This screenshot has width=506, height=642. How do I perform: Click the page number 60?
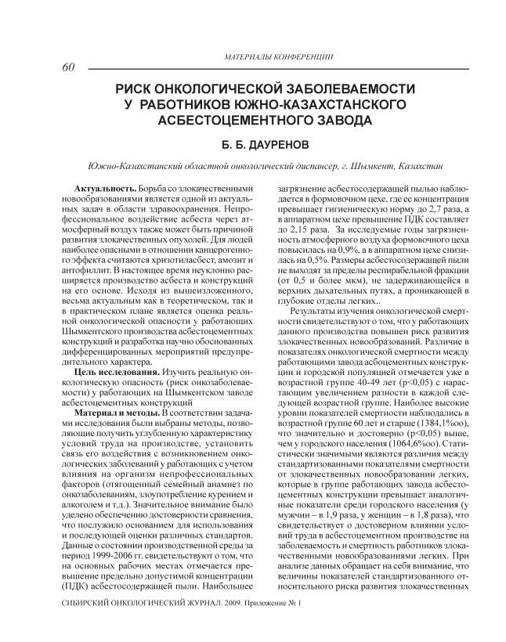click(67, 67)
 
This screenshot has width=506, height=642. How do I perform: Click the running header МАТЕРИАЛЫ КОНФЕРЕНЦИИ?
click(279, 57)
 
